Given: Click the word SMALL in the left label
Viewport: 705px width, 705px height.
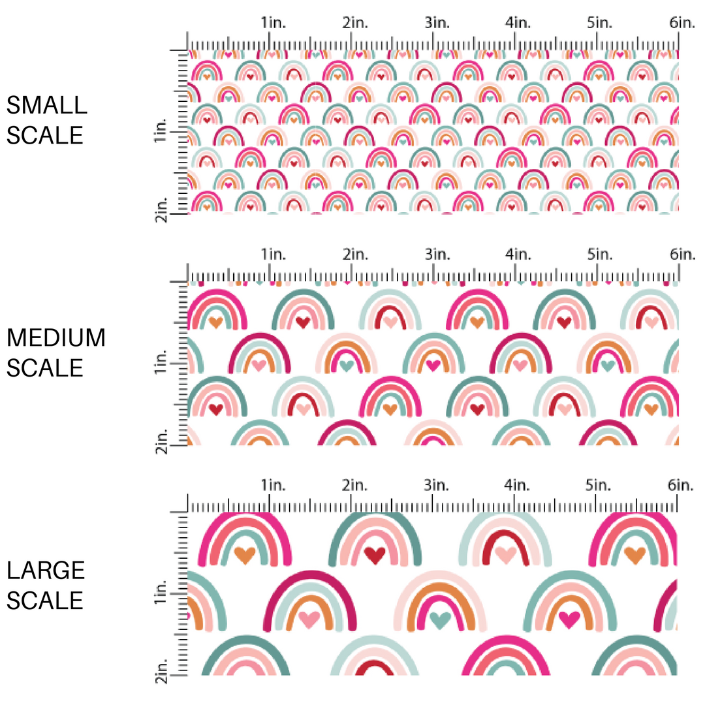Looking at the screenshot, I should tap(46, 105).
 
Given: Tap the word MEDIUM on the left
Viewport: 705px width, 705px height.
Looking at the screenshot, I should tap(55, 337).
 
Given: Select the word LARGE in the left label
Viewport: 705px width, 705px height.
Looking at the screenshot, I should tap(46, 570).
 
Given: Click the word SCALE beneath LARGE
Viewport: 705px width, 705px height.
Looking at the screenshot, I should tap(45, 600).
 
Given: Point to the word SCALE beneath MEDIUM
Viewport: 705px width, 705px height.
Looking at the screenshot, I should tap(45, 368).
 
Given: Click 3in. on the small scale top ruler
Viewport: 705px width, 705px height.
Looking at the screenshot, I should tap(437, 23).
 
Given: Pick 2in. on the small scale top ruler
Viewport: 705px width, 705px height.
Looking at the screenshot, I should tap(355, 23).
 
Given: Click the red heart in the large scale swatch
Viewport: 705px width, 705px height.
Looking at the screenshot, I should tap(375, 555).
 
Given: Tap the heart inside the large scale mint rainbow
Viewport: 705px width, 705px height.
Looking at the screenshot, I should tap(505, 555).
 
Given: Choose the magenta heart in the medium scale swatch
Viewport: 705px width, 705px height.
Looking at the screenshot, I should tap(433, 366).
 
